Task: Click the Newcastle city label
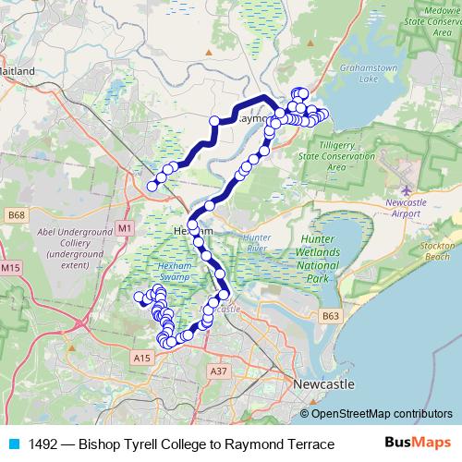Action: (x=322, y=383)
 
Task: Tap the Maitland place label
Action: (x=18, y=70)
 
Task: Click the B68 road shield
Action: (x=14, y=215)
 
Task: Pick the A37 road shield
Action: (x=218, y=371)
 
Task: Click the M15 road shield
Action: (x=10, y=268)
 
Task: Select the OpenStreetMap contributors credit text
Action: (x=382, y=414)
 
